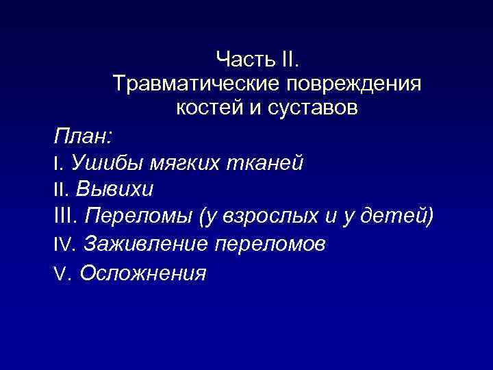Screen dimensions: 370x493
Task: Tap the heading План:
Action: [x=79, y=135]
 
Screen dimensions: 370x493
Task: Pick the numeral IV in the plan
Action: [x=63, y=245]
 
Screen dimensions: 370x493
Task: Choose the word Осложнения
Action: [x=142, y=273]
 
